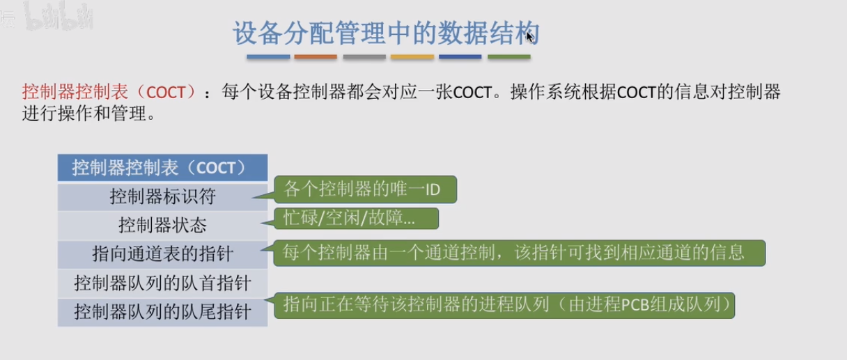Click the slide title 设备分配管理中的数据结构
[x=386, y=33]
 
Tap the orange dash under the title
[x=316, y=56]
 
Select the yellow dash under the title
[x=412, y=56]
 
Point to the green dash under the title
[x=509, y=56]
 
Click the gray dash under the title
[x=364, y=56]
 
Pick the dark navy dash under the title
[x=460, y=56]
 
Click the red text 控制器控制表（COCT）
[x=109, y=92]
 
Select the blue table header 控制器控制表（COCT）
[x=162, y=168]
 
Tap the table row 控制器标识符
[x=162, y=196]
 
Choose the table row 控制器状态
[x=162, y=226]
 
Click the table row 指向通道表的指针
[x=162, y=254]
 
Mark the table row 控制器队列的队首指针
[x=162, y=283]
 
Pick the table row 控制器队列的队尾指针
[x=162, y=312]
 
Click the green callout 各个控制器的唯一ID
[x=365, y=189]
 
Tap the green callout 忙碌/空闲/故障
[x=356, y=218]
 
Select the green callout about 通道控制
[x=520, y=253]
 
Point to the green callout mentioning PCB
[x=504, y=305]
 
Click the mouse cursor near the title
[x=530, y=37]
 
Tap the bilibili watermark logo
[x=59, y=17]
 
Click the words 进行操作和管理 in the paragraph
[x=84, y=113]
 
